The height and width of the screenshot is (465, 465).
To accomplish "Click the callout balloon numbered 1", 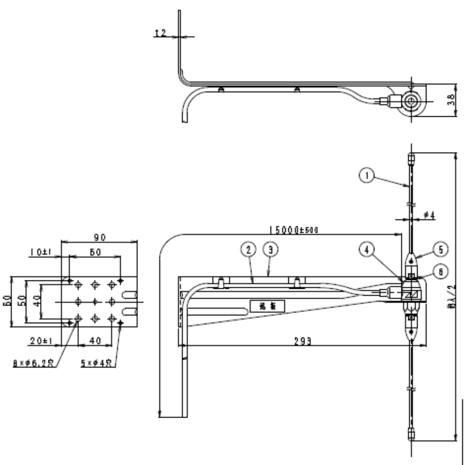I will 367,176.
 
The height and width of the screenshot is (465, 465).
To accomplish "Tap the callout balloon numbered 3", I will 269,250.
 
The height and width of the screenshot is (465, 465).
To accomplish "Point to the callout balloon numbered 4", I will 367,250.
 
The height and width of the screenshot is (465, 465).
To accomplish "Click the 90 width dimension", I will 99,237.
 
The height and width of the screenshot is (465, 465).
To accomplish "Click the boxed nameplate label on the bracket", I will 267,306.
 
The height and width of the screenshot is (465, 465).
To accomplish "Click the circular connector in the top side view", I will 412,102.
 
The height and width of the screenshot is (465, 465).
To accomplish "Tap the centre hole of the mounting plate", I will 95,301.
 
